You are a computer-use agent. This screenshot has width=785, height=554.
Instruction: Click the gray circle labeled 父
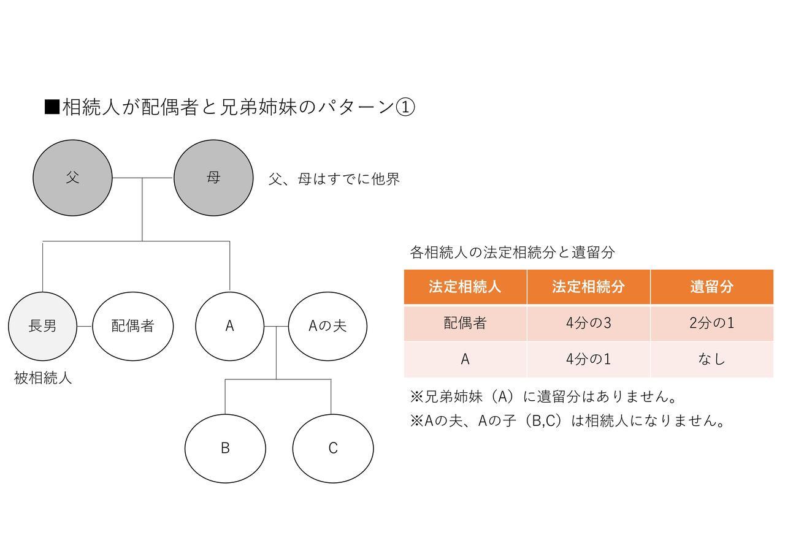pos(72,178)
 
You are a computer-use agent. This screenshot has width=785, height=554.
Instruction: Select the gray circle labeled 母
pos(213,178)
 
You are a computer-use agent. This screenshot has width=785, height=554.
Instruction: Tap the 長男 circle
pos(42,327)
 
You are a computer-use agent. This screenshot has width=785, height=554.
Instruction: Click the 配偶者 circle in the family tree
pos(133,327)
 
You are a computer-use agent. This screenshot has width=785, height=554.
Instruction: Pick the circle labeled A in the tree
pos(229,327)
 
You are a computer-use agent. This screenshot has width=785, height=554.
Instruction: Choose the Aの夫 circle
pos(327,327)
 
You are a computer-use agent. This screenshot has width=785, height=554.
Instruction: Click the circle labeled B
pos(225,449)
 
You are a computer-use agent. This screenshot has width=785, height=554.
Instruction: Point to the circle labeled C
pos(333,449)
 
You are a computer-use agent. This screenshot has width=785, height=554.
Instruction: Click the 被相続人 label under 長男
pos(43,378)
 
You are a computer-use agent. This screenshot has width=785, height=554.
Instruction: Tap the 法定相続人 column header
pos(465,287)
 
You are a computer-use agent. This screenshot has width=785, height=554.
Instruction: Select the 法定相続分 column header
pos(588,287)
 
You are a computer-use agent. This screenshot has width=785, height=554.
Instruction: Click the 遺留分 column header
pos(712,287)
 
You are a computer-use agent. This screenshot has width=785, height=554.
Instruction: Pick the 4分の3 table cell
pos(588,323)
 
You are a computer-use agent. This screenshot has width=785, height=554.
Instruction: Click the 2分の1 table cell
pos(712,323)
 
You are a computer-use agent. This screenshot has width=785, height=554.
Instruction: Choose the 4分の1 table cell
pos(588,359)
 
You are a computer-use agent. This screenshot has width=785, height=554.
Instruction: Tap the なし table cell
pos(712,359)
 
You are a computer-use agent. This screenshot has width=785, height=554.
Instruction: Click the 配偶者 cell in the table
pos(465,323)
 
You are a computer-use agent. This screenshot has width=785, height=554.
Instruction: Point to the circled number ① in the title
pos(405,107)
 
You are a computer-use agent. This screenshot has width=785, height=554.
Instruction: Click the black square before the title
pos(52,107)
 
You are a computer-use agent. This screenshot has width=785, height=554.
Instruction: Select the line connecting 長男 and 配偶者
pos(85,327)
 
